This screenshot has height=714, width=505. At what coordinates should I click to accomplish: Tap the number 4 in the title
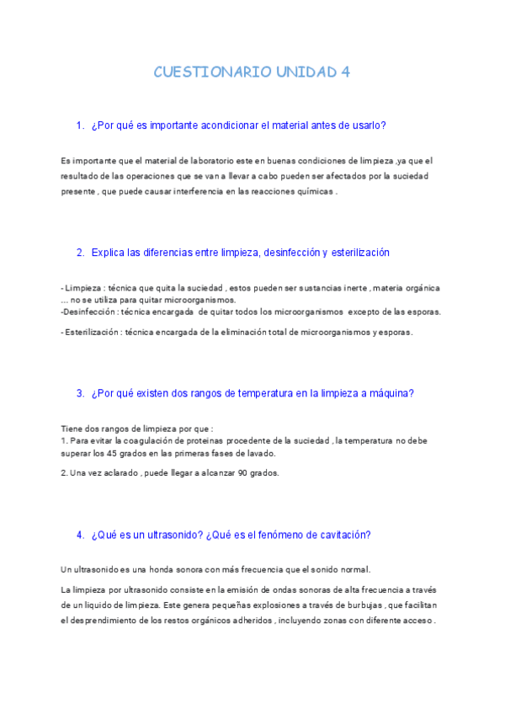(x=345, y=72)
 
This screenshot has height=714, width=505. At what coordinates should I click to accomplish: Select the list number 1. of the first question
(x=80, y=125)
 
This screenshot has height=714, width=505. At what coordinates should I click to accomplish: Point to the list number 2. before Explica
(x=80, y=253)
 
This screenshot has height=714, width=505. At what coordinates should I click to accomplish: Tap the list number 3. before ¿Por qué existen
(x=80, y=392)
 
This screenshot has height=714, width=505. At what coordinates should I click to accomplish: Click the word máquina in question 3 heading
(x=388, y=392)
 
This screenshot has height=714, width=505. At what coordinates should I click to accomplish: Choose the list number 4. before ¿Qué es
(x=80, y=534)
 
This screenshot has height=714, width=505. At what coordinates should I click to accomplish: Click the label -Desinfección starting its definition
(x=88, y=312)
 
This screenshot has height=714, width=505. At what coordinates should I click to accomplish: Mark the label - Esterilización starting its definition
(x=92, y=332)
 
